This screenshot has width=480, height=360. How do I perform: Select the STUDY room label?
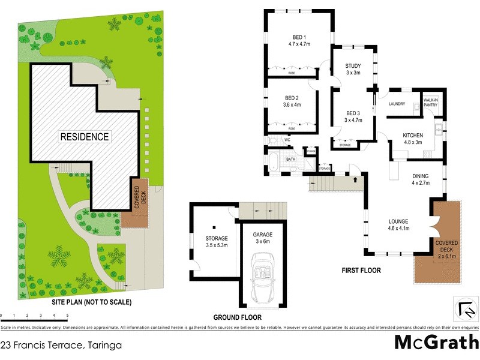click(353, 69)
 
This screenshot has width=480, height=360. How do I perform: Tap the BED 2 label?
click(292, 101)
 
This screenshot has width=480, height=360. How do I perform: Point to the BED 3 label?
click(353, 116)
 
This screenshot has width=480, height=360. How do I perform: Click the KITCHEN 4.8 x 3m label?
click(413, 139)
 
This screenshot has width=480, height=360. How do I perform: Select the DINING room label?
click(420, 179)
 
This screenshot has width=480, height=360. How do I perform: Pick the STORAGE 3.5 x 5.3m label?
click(217, 242)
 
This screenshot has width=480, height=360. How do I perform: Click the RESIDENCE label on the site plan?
click(84, 137)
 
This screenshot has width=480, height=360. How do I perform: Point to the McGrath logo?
click(436, 343)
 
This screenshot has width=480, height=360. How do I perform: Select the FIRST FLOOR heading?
click(361, 271)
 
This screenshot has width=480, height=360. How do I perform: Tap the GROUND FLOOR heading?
click(238, 317)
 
